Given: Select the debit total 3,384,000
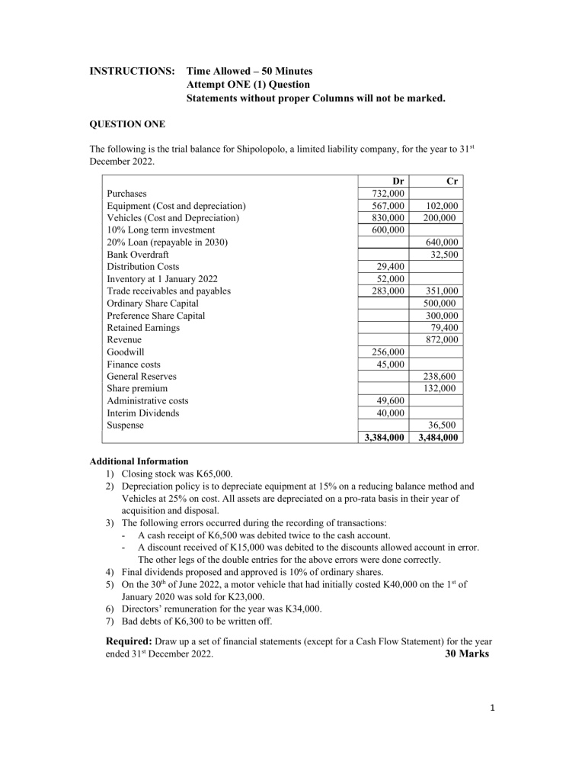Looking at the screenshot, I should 384,438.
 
